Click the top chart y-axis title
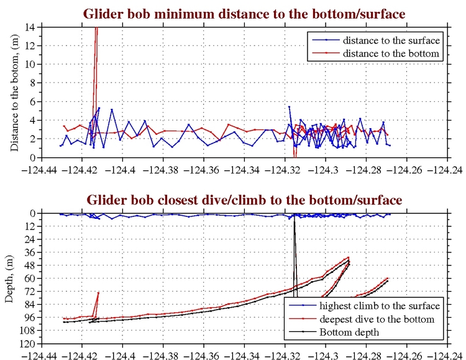[14, 92]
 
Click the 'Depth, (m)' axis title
[9, 279]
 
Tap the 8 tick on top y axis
[35, 83]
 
